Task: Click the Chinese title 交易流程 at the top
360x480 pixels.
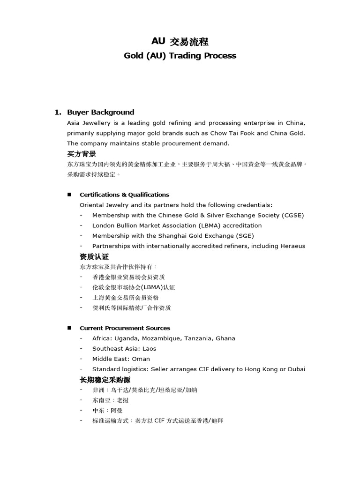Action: tap(188, 42)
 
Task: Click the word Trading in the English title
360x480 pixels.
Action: tap(183, 56)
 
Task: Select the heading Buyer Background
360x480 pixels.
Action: tap(100, 112)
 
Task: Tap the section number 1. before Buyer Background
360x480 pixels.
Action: tap(58, 112)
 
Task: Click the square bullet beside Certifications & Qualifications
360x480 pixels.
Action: tap(69, 195)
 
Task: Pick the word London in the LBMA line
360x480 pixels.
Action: tap(104, 225)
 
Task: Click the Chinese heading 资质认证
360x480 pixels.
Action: tap(94, 257)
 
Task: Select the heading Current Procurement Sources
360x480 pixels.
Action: tap(125, 328)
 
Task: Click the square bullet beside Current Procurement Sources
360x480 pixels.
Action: tap(69, 328)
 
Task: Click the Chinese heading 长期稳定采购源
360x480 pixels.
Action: tap(105, 379)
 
